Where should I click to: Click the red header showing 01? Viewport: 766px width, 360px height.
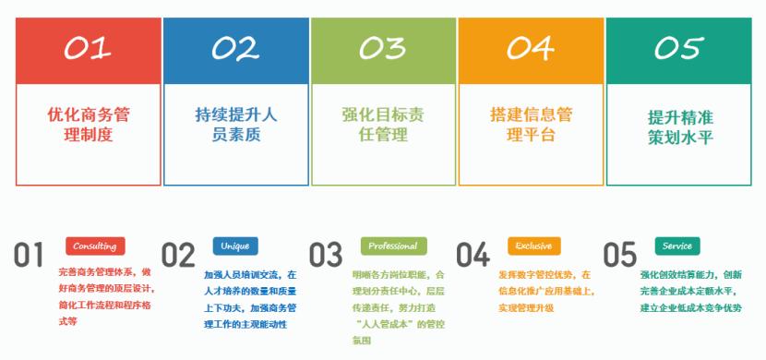(x=88, y=49)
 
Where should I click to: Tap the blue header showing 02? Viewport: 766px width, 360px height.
(x=235, y=49)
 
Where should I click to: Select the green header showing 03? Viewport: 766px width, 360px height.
(x=383, y=49)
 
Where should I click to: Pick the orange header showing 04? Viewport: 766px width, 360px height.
(x=531, y=49)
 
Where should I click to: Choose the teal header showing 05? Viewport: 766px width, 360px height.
(x=678, y=49)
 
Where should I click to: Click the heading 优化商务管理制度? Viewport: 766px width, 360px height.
(x=88, y=125)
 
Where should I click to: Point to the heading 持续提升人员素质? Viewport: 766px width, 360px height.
(x=235, y=125)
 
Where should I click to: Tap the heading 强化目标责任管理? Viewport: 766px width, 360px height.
(x=383, y=125)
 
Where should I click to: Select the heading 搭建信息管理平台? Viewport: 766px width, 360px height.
(x=531, y=125)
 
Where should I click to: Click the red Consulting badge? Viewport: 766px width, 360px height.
(x=94, y=246)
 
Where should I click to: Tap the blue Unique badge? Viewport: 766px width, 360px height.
(x=234, y=246)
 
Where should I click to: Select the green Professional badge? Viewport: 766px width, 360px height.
(x=393, y=246)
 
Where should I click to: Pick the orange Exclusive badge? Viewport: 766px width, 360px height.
(x=533, y=246)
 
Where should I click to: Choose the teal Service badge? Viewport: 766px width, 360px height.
(x=677, y=246)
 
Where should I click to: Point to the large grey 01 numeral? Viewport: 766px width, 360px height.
(x=30, y=256)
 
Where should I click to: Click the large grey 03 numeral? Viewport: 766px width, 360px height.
(x=325, y=256)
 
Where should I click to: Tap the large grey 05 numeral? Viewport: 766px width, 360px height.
(x=620, y=256)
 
